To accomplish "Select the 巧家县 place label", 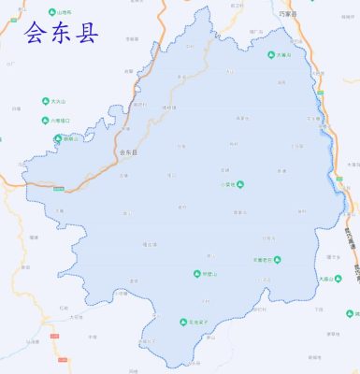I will pyautogui.click(x=287, y=15).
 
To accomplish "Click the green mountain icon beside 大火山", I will pyautogui.click(x=45, y=101).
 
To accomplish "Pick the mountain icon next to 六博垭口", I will pyautogui.click(x=45, y=120).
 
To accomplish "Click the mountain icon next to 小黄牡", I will pyautogui.click(x=239, y=184).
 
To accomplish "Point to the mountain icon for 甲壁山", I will pyautogui.click(x=196, y=274).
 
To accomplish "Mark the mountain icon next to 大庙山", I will pyautogui.click(x=315, y=278).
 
